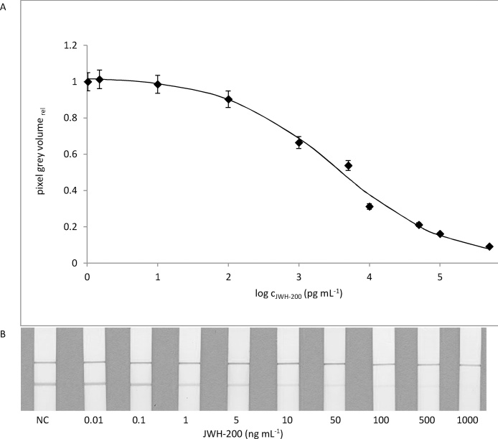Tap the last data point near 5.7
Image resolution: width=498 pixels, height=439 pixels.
489,246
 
